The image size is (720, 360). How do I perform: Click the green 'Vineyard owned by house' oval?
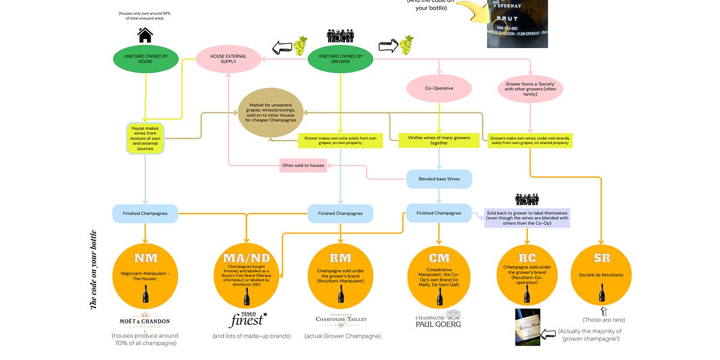(145, 58)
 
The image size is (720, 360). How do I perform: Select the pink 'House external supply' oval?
(228, 58)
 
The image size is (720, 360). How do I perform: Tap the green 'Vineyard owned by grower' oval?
(340, 58)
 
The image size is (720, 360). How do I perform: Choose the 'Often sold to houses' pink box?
(303, 165)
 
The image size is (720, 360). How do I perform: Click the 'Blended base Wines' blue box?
(439, 179)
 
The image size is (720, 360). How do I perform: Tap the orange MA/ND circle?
(247, 275)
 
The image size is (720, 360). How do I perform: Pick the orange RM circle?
(340, 275)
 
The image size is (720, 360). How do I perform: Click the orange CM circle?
(439, 275)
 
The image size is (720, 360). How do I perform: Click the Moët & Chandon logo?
(146, 320)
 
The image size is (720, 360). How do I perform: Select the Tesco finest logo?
(248, 320)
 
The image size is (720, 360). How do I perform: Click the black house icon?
(145, 35)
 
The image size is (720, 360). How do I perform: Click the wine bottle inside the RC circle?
(527, 293)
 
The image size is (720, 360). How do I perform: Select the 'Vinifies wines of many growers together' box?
(439, 140)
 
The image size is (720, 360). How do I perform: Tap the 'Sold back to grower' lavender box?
(527, 218)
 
